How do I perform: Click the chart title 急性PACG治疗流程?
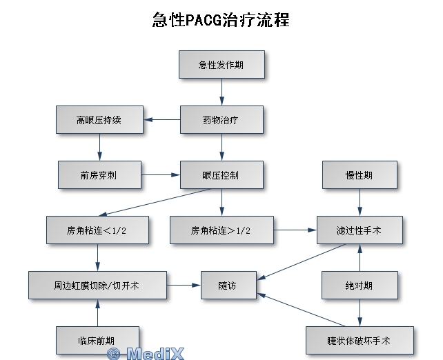point(221,19)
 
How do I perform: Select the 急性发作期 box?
point(221,65)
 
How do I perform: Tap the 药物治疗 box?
point(221,119)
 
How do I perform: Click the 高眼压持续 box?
point(99,119)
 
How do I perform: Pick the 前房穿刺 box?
point(99,174)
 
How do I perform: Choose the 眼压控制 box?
point(221,174)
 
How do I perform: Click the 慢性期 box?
point(360,174)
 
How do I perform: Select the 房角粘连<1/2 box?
point(97,230)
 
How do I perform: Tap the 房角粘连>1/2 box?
point(221,230)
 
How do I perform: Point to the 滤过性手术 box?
point(360,230)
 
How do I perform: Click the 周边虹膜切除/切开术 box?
point(97,285)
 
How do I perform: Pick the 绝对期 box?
point(360,285)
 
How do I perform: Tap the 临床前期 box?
point(97,340)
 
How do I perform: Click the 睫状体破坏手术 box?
point(360,340)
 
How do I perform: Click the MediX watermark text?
point(145,354)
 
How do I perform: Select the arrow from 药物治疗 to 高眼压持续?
point(162,119)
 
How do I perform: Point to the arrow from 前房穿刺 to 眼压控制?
point(161,174)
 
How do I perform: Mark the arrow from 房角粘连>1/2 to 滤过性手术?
point(295,230)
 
